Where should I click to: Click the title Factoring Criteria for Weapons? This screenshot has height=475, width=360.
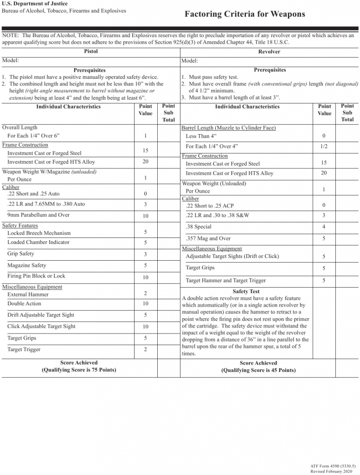pyautogui.click(x=244, y=14)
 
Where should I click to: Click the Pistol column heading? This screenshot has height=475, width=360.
pyautogui.click(x=90, y=51)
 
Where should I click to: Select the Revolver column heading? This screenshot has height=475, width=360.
pyautogui.click(x=269, y=51)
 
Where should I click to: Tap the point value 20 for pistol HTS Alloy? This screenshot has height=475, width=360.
pyautogui.click(x=145, y=162)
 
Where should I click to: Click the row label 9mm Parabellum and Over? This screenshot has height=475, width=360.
pyautogui.click(x=39, y=215)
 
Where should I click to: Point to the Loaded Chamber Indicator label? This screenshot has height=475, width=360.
pyautogui.click(x=39, y=242)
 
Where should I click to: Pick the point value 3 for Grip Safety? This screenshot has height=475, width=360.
pyautogui.click(x=145, y=254)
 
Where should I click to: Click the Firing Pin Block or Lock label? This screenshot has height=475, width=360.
pyautogui.click(x=36, y=276)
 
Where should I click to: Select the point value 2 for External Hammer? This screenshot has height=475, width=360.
pyautogui.click(x=145, y=294)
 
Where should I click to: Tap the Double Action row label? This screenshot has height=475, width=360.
pyautogui.click(x=24, y=304)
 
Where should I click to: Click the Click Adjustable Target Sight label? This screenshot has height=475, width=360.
pyautogui.click(x=41, y=326)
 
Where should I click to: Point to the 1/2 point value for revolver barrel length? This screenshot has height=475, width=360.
pyautogui.click(x=324, y=146)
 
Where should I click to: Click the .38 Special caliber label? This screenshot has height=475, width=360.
pyautogui.click(x=199, y=227)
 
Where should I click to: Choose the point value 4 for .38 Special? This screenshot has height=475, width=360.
pyautogui.click(x=324, y=227)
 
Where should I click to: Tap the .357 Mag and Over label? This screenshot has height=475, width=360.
pyautogui.click(x=208, y=238)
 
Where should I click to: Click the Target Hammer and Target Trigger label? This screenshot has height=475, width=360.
pyautogui.click(x=226, y=281)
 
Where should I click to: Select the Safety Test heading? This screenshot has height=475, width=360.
pyautogui.click(x=246, y=291)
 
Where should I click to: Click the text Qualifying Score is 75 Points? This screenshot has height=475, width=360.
pyautogui.click(x=79, y=370)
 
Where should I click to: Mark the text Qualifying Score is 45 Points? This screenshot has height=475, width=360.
pyautogui.click(x=258, y=370)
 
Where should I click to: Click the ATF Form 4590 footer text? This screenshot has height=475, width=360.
pyautogui.click(x=333, y=465)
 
